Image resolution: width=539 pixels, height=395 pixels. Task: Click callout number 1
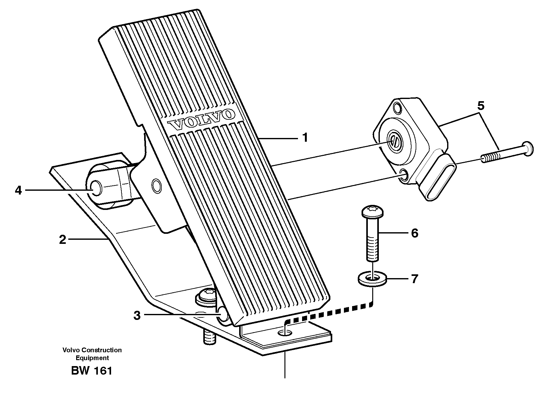pyautogui.click(x=305, y=138)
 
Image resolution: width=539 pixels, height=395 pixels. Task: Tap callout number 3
pyautogui.click(x=137, y=315)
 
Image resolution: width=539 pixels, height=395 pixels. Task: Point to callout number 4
pyautogui.click(x=18, y=190)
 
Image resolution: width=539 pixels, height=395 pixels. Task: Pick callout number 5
pyautogui.click(x=480, y=106)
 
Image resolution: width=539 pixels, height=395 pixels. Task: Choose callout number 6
pyautogui.click(x=414, y=233)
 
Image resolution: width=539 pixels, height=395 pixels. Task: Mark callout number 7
pyautogui.click(x=414, y=279)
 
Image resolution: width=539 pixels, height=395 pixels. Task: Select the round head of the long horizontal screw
pyautogui.click(x=528, y=148)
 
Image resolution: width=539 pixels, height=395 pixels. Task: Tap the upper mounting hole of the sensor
pyautogui.click(x=398, y=108)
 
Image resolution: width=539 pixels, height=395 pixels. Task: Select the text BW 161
pyautogui.click(x=92, y=371)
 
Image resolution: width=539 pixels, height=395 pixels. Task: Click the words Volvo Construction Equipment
pyautogui.click(x=92, y=354)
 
